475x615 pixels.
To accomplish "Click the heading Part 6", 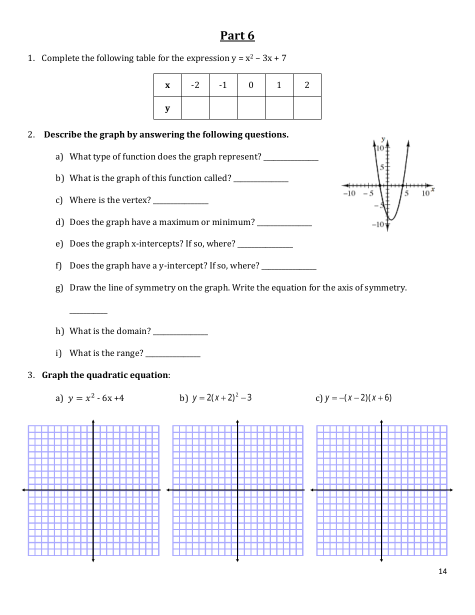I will coord(237,36).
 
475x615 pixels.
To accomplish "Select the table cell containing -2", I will coord(195,85).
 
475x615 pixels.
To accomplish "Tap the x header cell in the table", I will coord(167,85).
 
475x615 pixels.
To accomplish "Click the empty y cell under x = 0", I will coord(251,108).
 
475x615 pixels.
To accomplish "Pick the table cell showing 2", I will coord(307,85).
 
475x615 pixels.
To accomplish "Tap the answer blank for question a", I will coord(291,159).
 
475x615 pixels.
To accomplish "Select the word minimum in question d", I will coord(233,222).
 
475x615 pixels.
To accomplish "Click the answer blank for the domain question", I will coord(180,334).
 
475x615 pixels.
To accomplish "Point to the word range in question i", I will coord(131,353).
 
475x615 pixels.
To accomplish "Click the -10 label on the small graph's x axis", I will coord(348,193).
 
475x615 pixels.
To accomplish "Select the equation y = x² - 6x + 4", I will coord(96,398).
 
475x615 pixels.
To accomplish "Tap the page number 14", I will coord(442,571).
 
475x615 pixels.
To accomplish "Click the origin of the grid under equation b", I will coord(237,490).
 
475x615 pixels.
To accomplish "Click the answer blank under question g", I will coord(88,312).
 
